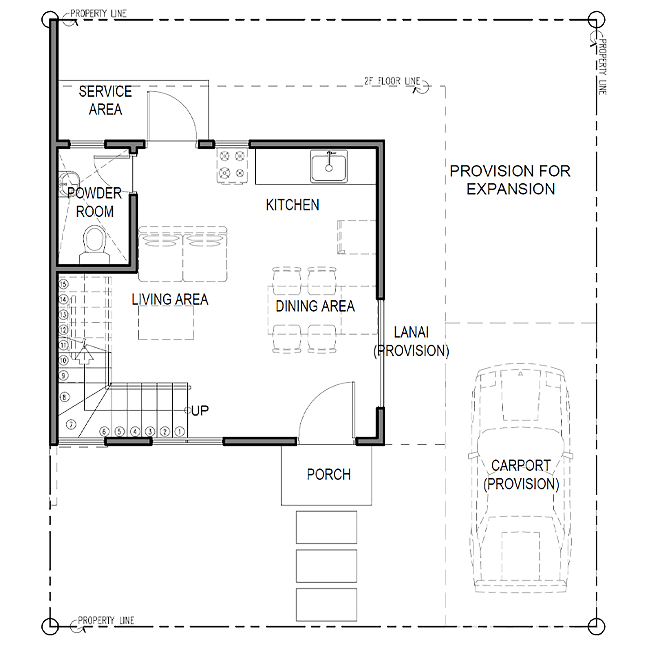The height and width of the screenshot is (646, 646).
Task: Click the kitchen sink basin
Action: click(x=329, y=166)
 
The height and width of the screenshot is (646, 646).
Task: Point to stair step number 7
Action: click(x=71, y=424)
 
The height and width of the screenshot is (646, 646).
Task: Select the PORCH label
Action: click(x=329, y=475)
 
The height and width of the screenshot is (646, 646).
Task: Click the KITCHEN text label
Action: click(x=293, y=205)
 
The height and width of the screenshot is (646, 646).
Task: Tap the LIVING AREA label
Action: click(x=170, y=299)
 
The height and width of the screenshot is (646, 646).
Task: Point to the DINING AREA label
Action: click(x=315, y=306)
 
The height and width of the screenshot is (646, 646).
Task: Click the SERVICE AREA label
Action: click(x=105, y=100)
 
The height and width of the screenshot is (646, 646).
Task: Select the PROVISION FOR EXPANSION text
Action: click(x=510, y=180)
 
